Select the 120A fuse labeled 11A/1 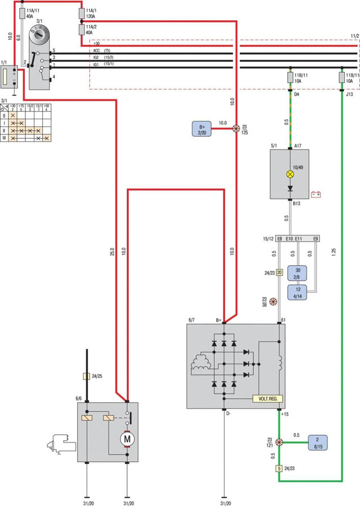82,12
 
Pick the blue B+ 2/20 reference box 202,128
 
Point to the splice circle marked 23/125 237,128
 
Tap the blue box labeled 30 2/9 298,272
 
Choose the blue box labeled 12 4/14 298,291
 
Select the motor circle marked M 127,437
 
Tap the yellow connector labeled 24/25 86,376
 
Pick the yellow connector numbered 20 279,273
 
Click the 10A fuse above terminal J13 342,76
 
